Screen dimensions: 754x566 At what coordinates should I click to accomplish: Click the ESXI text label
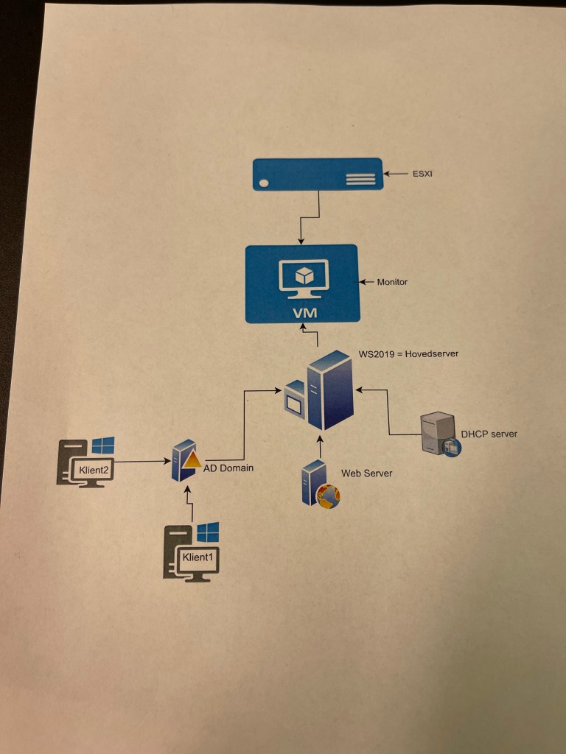click(422, 175)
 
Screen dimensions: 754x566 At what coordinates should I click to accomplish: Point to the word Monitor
click(392, 282)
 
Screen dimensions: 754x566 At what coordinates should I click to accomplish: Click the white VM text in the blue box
click(304, 313)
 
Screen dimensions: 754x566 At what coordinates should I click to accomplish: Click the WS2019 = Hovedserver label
click(408, 353)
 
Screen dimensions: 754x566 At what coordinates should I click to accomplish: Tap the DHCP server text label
click(489, 434)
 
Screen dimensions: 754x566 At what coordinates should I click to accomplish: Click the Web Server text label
click(366, 473)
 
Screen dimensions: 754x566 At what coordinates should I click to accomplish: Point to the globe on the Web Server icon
click(327, 496)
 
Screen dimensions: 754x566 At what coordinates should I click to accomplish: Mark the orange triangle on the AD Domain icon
click(192, 460)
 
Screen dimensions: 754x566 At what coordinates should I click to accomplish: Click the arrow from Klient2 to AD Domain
click(140, 462)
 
